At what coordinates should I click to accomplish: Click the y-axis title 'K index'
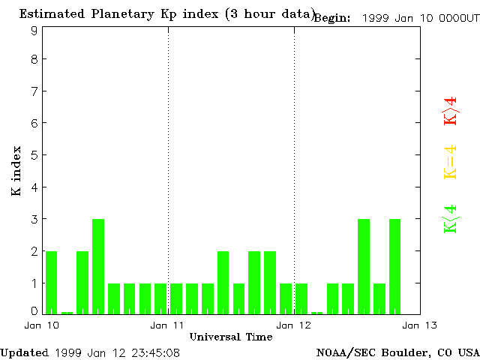(x=16, y=172)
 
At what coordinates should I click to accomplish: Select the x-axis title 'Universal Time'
(x=231, y=337)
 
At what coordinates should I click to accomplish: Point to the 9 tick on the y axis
(x=34, y=31)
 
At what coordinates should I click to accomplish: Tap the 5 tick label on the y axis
(x=34, y=155)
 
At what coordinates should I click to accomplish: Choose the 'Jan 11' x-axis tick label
(x=168, y=325)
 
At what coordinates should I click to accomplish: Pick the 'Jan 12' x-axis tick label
(x=294, y=325)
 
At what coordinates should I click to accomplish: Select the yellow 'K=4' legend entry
(x=450, y=162)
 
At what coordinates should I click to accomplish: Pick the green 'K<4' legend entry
(x=450, y=219)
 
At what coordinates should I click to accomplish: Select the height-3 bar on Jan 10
(x=98, y=266)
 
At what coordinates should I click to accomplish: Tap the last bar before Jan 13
(x=394, y=266)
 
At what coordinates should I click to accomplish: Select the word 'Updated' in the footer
(x=25, y=352)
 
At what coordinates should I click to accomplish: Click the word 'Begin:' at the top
(x=331, y=18)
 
